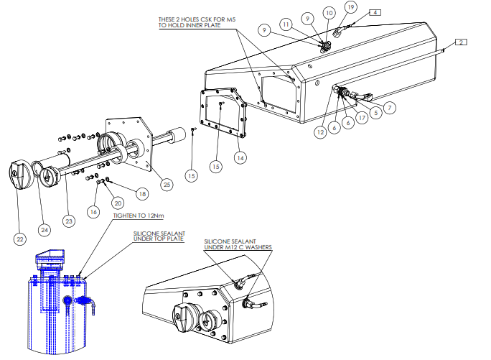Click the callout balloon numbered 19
click(351, 7)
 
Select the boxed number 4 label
click(375, 12)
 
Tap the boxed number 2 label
click(461, 42)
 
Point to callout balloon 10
click(329, 13)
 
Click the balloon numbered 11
click(286, 24)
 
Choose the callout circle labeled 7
click(390, 108)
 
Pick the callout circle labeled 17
click(362, 118)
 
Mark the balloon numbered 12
click(320, 132)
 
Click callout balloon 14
click(240, 158)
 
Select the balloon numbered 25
click(167, 185)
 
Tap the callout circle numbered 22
click(20, 239)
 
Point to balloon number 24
click(45, 230)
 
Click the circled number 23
click(69, 221)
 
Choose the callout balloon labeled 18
click(142, 194)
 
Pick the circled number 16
click(93, 212)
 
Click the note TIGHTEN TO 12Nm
click(139, 216)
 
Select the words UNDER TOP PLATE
click(159, 239)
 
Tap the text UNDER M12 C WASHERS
click(238, 247)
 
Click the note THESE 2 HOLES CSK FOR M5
click(197, 19)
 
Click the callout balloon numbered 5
click(376, 113)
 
